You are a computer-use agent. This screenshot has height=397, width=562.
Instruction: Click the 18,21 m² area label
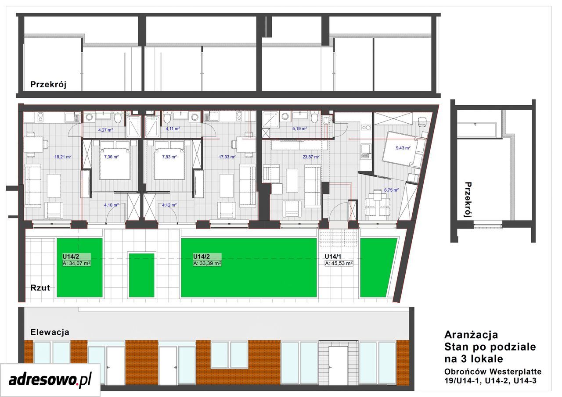[x=63, y=157]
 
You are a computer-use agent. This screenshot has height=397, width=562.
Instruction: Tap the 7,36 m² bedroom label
[x=111, y=157]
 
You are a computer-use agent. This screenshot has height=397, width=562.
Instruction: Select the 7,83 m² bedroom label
[x=169, y=157]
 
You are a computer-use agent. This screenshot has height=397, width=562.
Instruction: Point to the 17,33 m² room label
[x=227, y=157]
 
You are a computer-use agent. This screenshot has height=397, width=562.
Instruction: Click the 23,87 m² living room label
[x=311, y=157]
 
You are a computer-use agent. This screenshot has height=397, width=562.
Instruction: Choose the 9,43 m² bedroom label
[x=403, y=148]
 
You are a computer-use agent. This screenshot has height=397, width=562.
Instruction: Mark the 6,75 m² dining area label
[x=391, y=190]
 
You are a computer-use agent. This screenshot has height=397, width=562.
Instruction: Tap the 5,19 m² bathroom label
[x=299, y=129]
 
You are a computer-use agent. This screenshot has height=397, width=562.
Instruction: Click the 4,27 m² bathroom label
[x=106, y=130]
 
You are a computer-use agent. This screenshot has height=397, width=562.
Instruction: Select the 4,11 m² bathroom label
[x=173, y=129]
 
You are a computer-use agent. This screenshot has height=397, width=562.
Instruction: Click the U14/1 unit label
[x=333, y=256]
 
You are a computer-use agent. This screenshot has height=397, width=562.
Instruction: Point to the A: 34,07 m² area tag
[x=76, y=263]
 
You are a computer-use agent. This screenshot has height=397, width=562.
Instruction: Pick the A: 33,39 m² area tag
[x=207, y=263]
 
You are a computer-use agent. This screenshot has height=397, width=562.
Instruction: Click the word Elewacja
[x=50, y=333]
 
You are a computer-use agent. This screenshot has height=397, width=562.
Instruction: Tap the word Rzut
[x=40, y=288]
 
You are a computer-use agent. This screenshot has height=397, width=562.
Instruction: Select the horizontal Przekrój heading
[x=48, y=85]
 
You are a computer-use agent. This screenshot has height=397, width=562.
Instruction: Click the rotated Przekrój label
[x=468, y=200]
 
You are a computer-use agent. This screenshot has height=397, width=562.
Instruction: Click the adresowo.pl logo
[x=50, y=380]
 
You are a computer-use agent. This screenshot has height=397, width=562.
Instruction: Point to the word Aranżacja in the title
[x=471, y=335]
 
